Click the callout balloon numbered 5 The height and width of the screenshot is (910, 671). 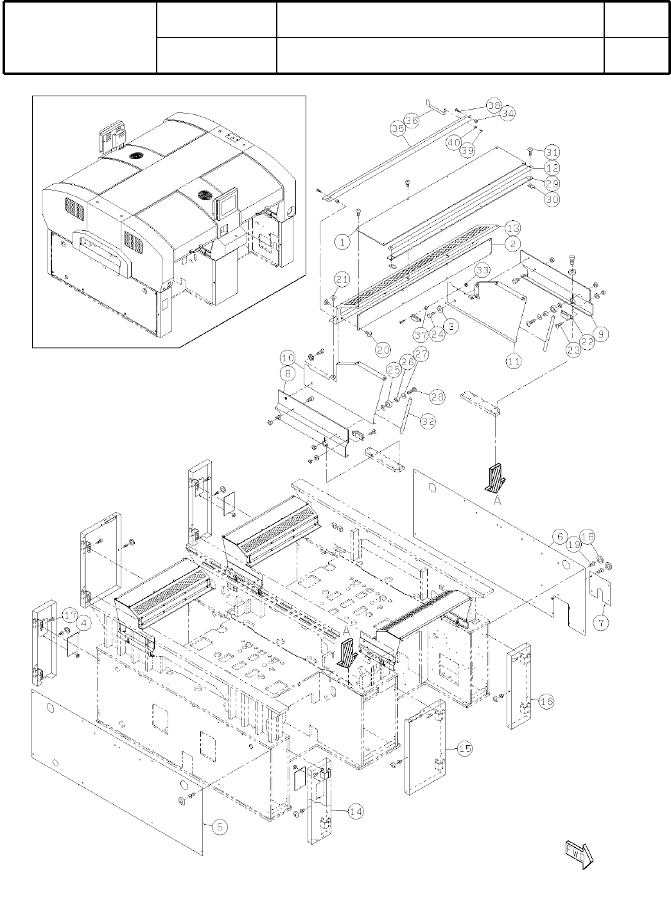pyautogui.click(x=220, y=827)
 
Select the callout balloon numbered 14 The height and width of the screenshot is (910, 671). pyautogui.click(x=355, y=812)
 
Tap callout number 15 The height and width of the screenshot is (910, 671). pyautogui.click(x=464, y=748)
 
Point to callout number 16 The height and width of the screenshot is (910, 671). pyautogui.click(x=546, y=701)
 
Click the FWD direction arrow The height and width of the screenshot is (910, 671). pyautogui.click(x=580, y=854)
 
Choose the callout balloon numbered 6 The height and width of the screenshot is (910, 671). pyautogui.click(x=559, y=536)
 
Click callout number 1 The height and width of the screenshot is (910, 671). pyautogui.click(x=343, y=242)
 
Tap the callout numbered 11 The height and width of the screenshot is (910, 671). pyautogui.click(x=514, y=362)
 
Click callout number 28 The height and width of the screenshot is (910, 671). pyautogui.click(x=438, y=397)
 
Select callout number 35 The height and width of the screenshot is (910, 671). pyautogui.click(x=397, y=128)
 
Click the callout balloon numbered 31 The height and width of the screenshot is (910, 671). pyautogui.click(x=552, y=152)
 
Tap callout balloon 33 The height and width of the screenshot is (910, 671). pyautogui.click(x=483, y=270)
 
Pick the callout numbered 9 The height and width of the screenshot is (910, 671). pyautogui.click(x=602, y=333)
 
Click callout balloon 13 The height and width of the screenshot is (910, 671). pyautogui.click(x=513, y=228)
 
